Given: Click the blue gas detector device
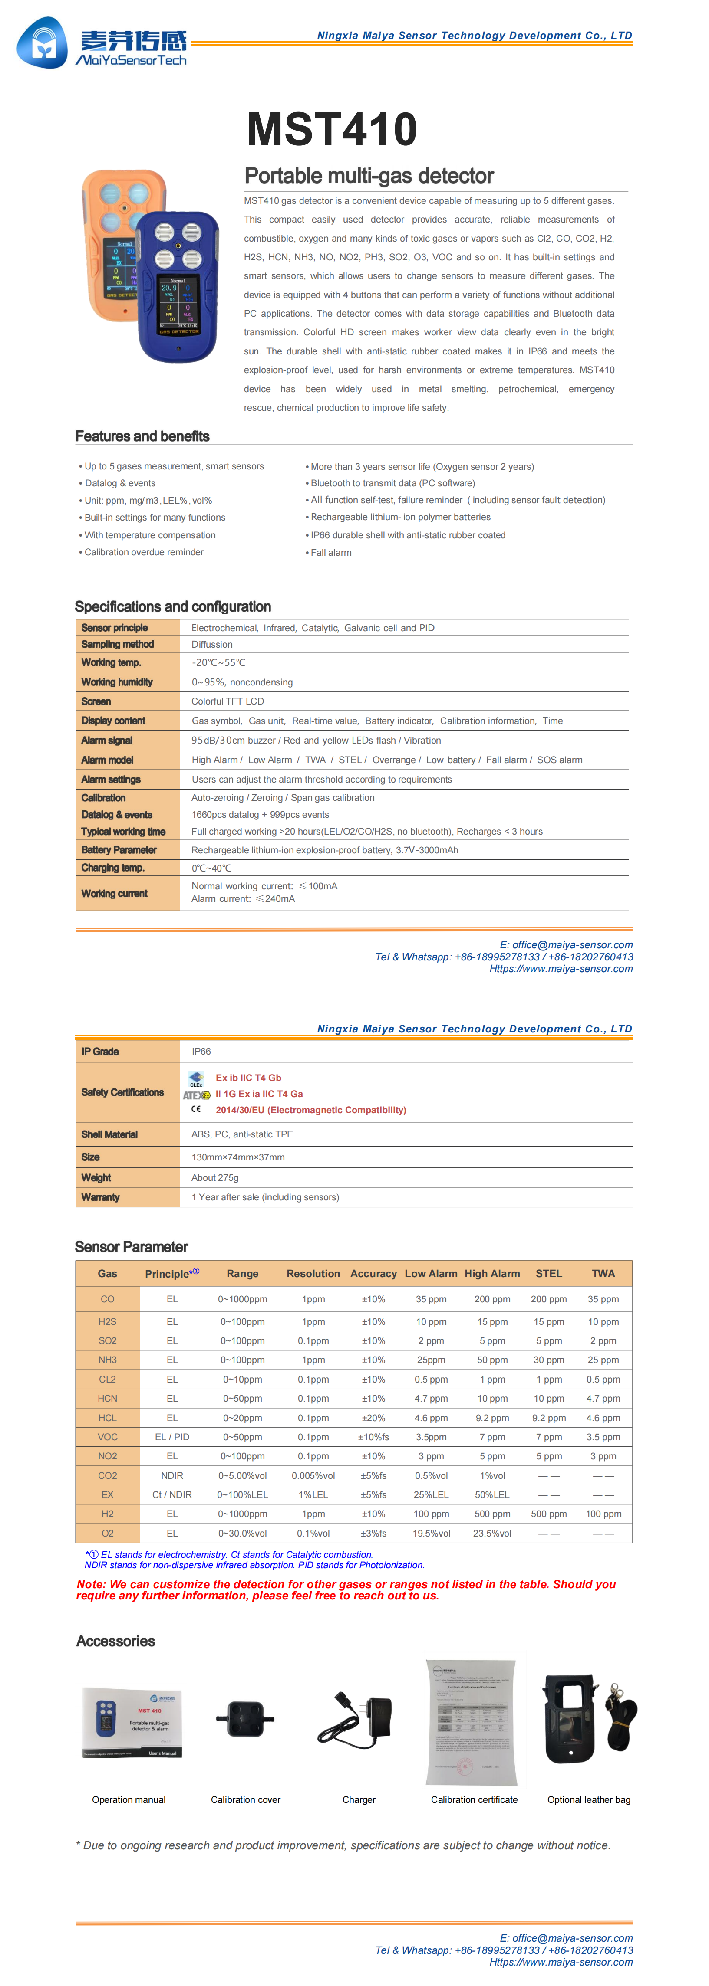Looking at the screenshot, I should click(178, 287).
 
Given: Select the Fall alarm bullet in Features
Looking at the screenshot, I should click(330, 553).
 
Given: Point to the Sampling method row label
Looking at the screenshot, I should click(117, 645).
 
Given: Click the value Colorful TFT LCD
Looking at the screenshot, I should click(228, 701).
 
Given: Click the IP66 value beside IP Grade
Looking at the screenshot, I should click(201, 1052).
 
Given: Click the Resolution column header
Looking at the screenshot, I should click(313, 1274).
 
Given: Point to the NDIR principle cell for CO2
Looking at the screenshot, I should click(172, 1476).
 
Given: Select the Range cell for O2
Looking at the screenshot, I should click(242, 1534).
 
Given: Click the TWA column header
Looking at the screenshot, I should click(603, 1274).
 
